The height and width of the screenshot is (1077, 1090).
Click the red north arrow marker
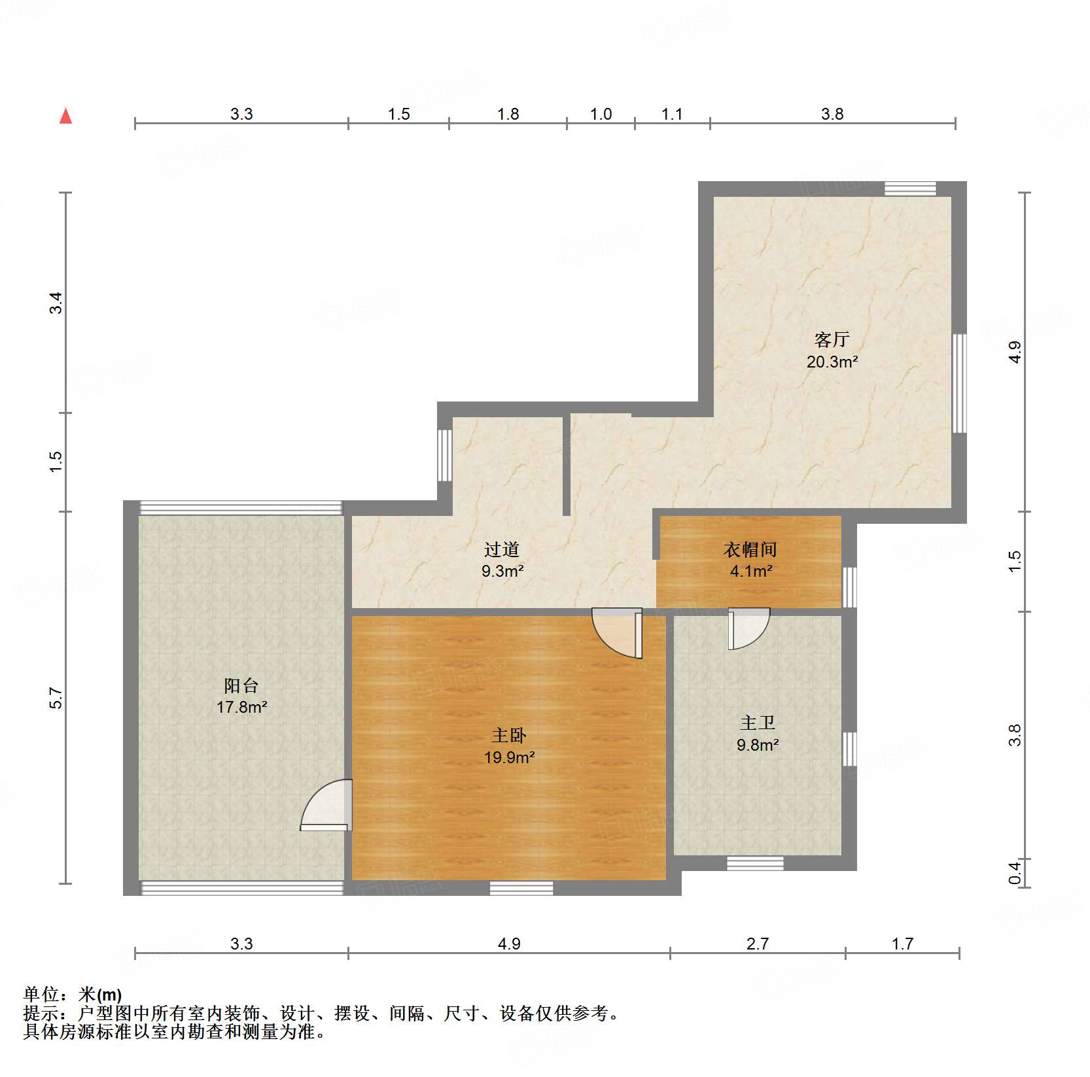65,116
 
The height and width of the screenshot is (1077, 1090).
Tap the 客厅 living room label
832,339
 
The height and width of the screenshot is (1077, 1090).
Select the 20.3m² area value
832,362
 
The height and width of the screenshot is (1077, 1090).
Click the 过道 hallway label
502,549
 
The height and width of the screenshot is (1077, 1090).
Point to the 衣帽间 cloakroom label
750,549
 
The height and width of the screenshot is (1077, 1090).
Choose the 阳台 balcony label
241,685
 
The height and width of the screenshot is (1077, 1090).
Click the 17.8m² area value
241,707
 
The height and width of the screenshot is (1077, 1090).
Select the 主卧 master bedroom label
509,736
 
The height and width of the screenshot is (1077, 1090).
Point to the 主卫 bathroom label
758,723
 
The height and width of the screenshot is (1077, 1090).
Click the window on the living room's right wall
959,383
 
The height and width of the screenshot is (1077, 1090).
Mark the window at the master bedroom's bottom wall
521,887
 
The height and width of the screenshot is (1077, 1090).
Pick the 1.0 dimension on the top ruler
601,114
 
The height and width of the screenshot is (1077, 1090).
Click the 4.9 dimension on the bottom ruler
509,944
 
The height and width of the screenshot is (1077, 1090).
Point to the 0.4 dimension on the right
1014,872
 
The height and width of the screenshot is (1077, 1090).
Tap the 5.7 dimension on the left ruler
56,698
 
